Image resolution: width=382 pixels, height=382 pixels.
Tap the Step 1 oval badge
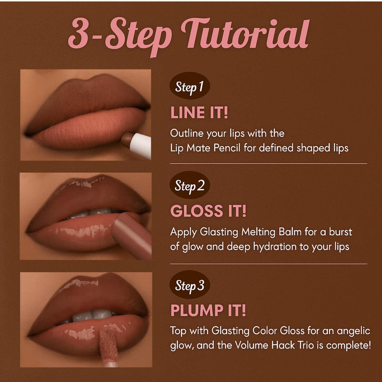(x=190, y=86)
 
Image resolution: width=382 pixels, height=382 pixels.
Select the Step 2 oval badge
(x=190, y=185)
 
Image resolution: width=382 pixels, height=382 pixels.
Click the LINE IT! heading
(x=199, y=113)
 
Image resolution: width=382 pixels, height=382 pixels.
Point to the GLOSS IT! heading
(x=208, y=211)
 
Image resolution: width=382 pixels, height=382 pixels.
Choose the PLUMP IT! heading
(x=208, y=310)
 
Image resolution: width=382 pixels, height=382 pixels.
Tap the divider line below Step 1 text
(x=269, y=164)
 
